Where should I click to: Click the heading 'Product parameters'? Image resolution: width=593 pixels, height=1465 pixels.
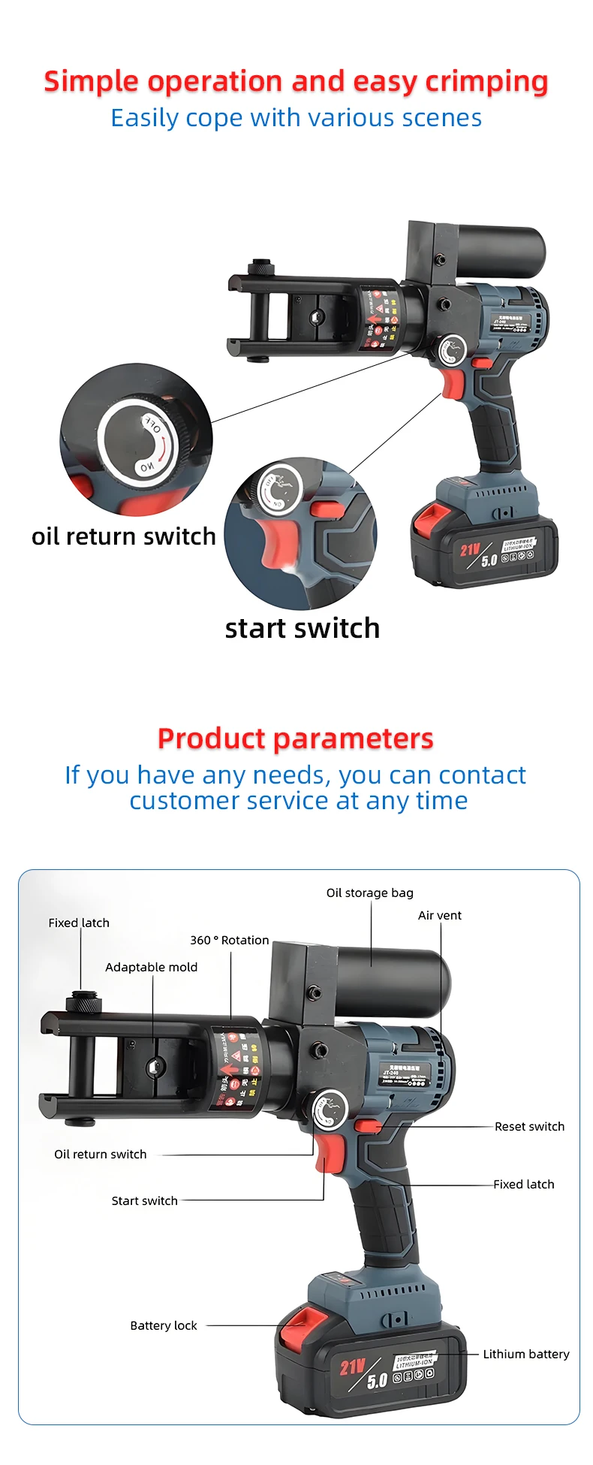tap(296, 739)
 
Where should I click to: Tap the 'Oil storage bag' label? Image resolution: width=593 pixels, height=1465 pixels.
tap(369, 893)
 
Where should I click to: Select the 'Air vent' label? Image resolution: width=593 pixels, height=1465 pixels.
tap(440, 915)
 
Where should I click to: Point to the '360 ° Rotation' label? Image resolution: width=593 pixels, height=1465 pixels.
tap(229, 940)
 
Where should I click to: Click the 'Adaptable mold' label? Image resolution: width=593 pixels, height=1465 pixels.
tap(151, 967)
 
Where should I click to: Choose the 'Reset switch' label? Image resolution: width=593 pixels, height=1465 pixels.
tap(529, 1126)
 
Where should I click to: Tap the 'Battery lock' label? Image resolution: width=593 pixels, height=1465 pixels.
tap(164, 1325)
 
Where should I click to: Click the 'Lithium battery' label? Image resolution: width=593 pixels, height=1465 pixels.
tap(525, 1354)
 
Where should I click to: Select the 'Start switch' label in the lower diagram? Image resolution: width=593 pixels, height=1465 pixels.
tap(144, 1201)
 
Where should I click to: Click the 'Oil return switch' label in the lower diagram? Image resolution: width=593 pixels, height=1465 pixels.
tap(100, 1154)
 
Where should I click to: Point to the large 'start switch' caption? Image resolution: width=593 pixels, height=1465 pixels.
tap(302, 628)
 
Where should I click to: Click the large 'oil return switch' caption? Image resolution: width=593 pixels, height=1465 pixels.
tap(124, 536)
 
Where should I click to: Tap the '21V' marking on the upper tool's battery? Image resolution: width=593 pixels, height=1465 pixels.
tap(470, 550)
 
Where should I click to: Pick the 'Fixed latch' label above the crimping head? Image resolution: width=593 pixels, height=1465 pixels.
tap(79, 923)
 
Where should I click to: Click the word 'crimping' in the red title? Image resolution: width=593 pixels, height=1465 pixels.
tap(486, 81)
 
